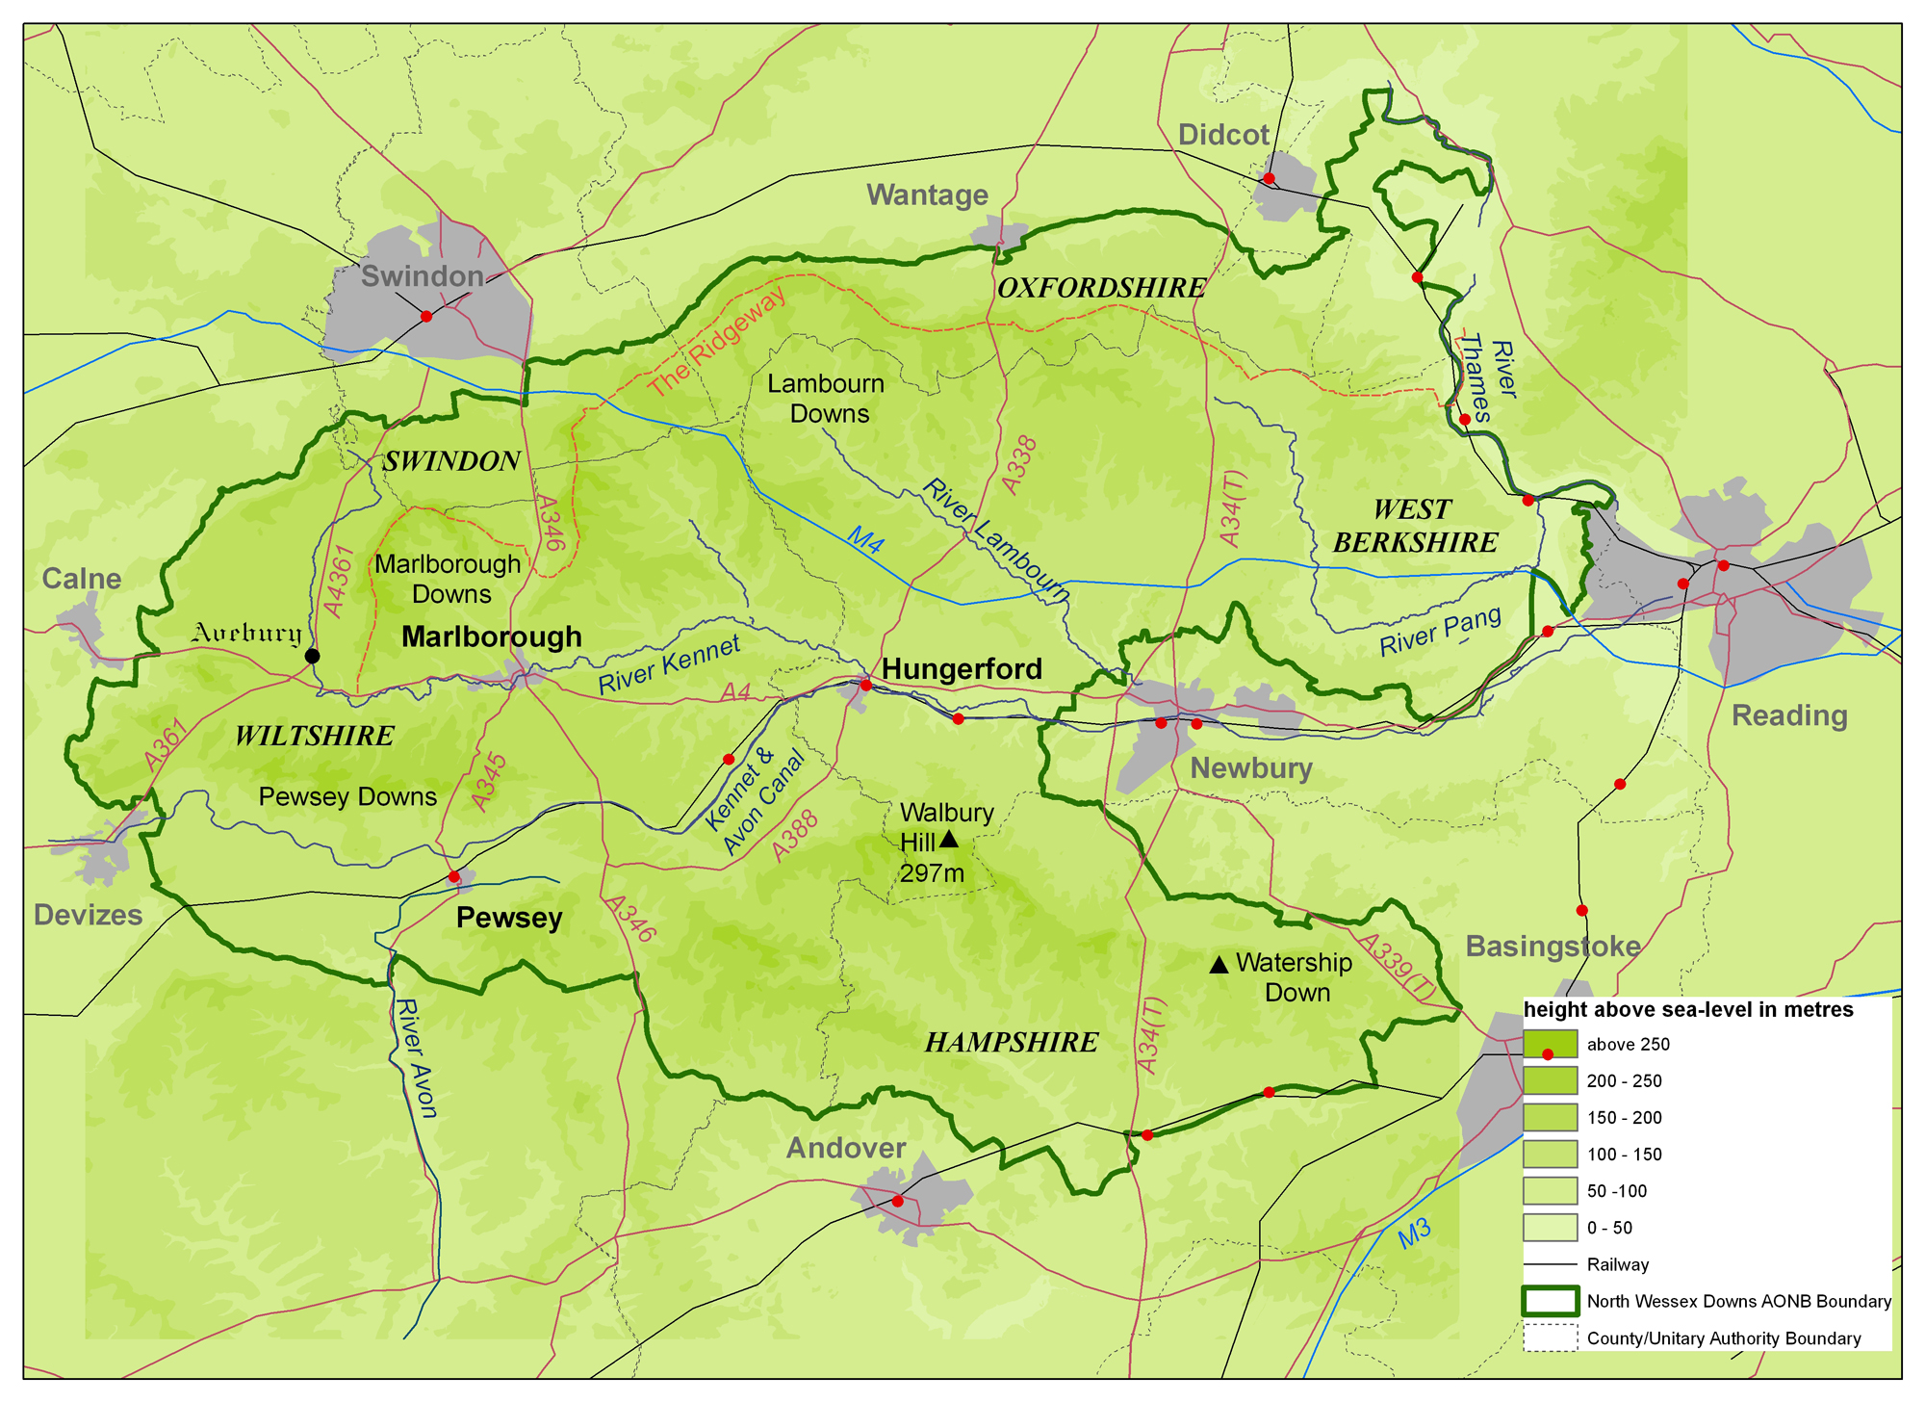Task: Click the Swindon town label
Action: tap(422, 276)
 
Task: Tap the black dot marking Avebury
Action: tap(312, 656)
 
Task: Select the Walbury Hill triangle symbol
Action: tap(948, 840)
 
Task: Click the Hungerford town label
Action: tap(962, 669)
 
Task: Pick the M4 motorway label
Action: tap(865, 540)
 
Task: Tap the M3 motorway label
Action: tap(1414, 1233)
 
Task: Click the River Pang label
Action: tap(1440, 632)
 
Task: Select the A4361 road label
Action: tap(340, 581)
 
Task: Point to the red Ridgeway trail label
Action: tap(716, 342)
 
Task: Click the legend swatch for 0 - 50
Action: tap(1550, 1228)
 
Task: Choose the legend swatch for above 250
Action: tap(1550, 1044)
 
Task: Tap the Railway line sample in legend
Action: tap(1550, 1264)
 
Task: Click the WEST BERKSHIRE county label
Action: tap(1415, 526)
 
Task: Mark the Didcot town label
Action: tap(1223, 135)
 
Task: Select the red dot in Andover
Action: tap(897, 1201)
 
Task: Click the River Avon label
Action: tap(416, 1059)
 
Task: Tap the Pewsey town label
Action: tap(509, 918)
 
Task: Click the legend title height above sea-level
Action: tap(1688, 1009)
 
